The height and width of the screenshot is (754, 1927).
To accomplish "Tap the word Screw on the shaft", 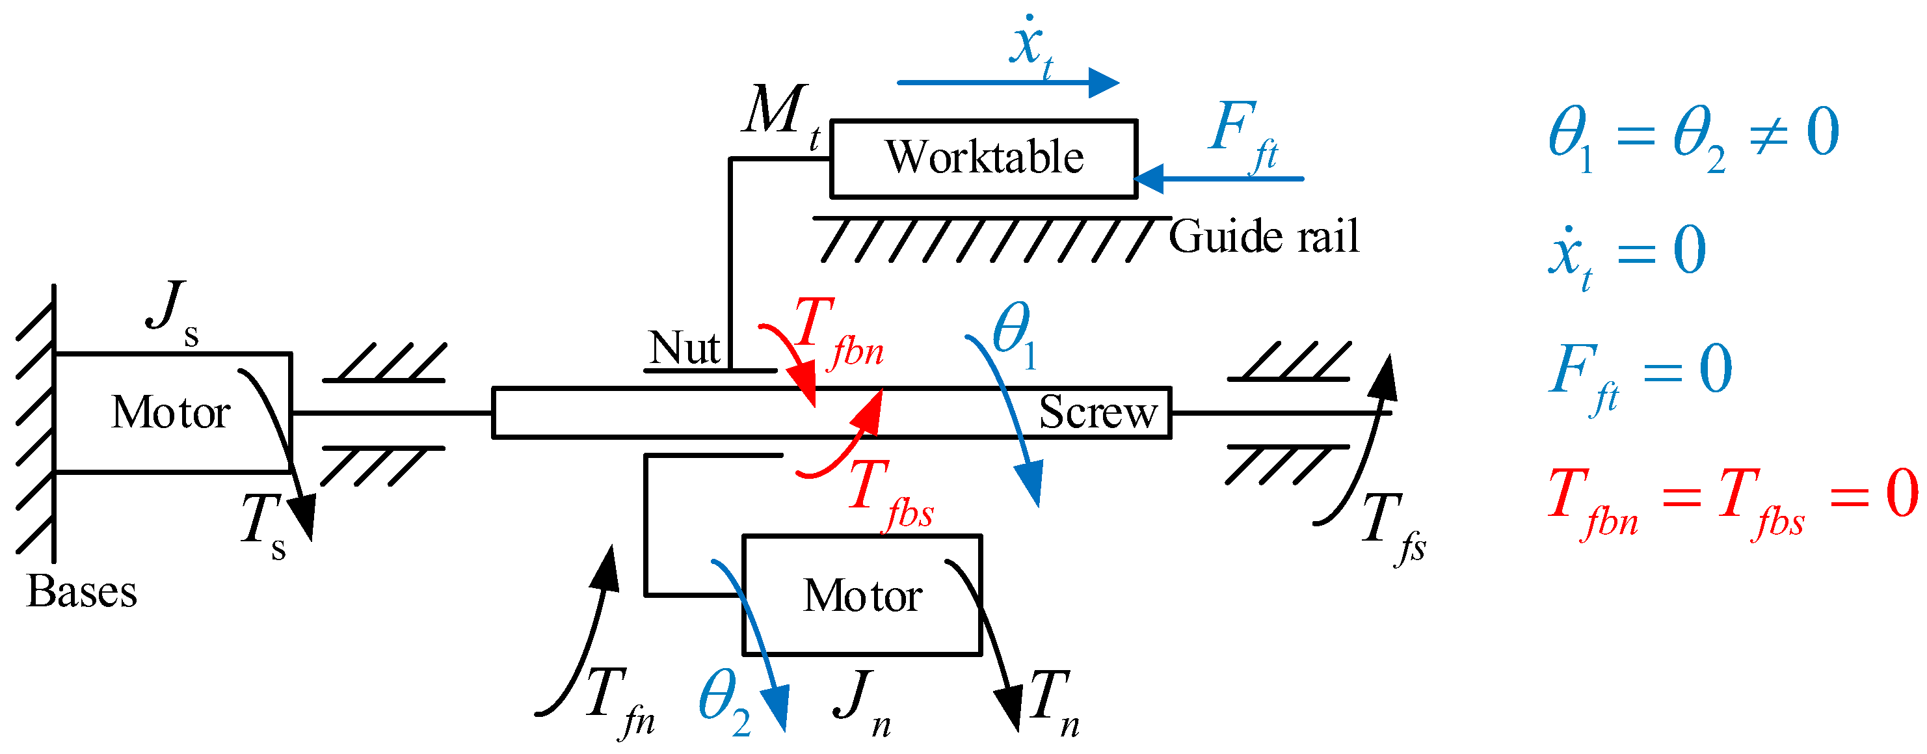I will point(1097,412).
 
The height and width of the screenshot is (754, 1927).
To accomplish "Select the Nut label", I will point(684,348).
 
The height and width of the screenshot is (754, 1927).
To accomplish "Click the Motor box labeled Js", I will point(172,413).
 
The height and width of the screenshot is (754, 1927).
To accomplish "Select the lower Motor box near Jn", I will point(862,595).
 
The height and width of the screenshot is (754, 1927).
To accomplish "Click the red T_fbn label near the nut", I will point(836,333).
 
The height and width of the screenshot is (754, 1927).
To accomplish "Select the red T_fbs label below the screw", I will point(890,495).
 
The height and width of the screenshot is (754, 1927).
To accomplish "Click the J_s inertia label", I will point(173,311).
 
